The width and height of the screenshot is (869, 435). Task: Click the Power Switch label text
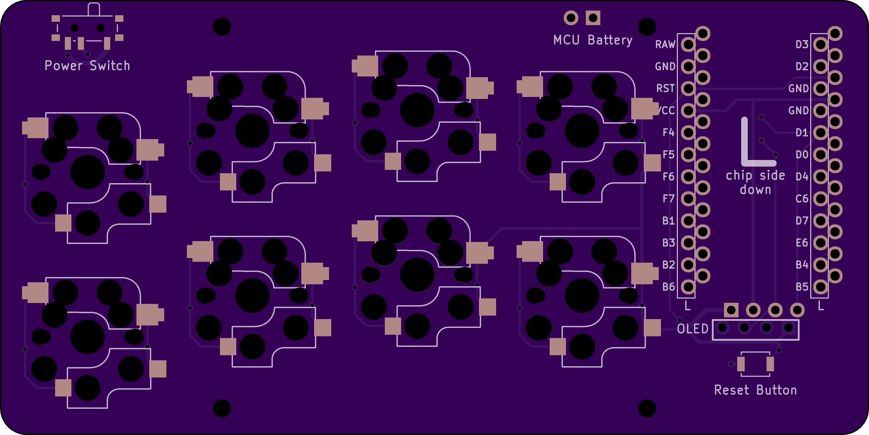87,65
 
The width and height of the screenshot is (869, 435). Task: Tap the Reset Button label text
755,390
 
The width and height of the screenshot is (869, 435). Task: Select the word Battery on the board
610,40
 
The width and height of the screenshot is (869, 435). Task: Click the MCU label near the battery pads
566,40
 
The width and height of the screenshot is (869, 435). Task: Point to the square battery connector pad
593,18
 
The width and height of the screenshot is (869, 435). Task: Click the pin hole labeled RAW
688,44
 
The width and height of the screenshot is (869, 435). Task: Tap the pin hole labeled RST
688,88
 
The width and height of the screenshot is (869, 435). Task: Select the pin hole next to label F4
688,132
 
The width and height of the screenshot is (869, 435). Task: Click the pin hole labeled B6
688,287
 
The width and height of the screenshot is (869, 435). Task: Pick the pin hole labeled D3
821,44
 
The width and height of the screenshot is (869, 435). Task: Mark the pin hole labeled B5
821,287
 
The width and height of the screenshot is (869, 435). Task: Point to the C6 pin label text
802,199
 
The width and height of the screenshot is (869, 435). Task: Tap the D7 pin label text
802,221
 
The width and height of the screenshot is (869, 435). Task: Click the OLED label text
692,329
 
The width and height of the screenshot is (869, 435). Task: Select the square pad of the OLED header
731,310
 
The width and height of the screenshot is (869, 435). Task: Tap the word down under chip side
755,190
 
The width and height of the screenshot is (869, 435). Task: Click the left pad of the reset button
741,364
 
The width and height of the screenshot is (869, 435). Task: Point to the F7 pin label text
668,199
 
